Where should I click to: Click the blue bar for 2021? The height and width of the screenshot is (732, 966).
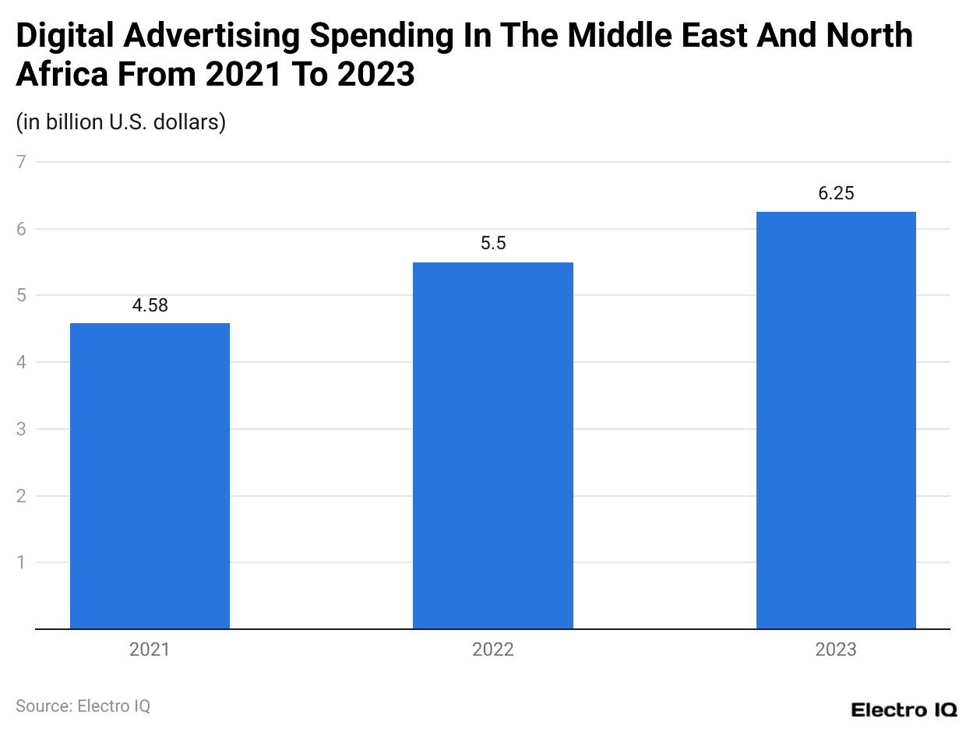tap(150, 475)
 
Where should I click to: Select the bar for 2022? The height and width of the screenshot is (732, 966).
tap(492, 445)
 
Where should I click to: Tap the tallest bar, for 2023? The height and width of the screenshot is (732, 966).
tap(836, 421)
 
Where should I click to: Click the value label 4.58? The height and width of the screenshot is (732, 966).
tap(150, 306)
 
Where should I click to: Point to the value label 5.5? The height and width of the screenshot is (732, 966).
tap(492, 244)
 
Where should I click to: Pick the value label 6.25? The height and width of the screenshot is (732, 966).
tap(836, 194)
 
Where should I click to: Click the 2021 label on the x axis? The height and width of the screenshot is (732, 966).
tap(150, 649)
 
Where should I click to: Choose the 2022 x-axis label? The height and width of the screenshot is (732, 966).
tap(492, 649)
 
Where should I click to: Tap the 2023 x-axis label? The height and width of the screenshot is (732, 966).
tap(836, 649)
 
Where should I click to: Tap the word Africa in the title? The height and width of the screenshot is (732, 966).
tap(62, 75)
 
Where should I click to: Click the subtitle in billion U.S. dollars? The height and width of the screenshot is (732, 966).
tap(121, 122)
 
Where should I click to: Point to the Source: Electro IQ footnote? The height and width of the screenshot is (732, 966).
tap(83, 706)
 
